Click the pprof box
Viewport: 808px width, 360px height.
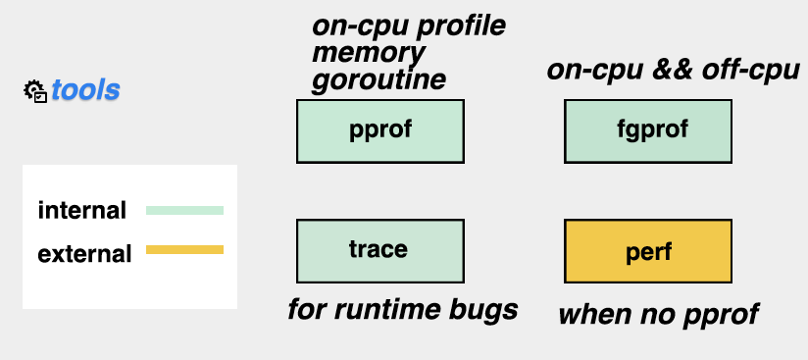tap(380, 131)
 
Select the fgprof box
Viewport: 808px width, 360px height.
tap(648, 131)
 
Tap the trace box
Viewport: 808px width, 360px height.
tap(380, 251)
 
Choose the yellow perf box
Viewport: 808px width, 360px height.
tap(648, 251)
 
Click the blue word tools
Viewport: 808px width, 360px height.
tap(85, 90)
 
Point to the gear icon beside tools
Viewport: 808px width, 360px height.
tap(35, 91)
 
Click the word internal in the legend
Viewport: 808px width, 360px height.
tap(82, 211)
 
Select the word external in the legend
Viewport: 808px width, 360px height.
tap(84, 254)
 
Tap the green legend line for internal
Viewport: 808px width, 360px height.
tap(185, 211)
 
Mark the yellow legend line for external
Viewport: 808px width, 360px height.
tap(185, 249)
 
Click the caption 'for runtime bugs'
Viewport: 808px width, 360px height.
tap(403, 309)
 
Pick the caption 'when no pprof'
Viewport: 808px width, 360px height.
tap(659, 314)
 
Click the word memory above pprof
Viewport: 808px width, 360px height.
tap(369, 53)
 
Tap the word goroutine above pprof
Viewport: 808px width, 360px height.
tap(379, 79)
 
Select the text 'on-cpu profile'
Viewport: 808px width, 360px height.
tap(409, 26)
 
